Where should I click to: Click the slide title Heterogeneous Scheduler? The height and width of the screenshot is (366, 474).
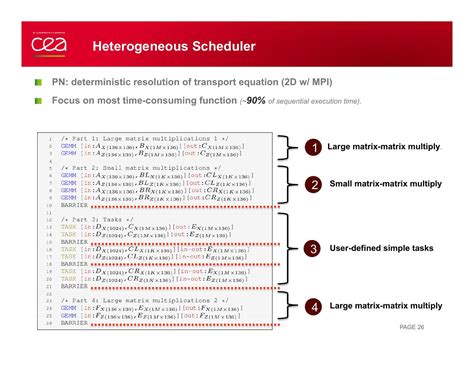point(173,46)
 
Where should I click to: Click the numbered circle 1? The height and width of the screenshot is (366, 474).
point(312,148)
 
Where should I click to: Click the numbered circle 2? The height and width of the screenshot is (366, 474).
point(312,185)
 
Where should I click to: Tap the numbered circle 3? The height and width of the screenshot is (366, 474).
point(312,248)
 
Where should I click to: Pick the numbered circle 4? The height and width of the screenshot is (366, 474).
point(312,307)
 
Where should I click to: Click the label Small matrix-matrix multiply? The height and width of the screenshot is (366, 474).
point(384,184)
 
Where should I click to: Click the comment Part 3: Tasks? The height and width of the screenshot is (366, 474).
point(96,218)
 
